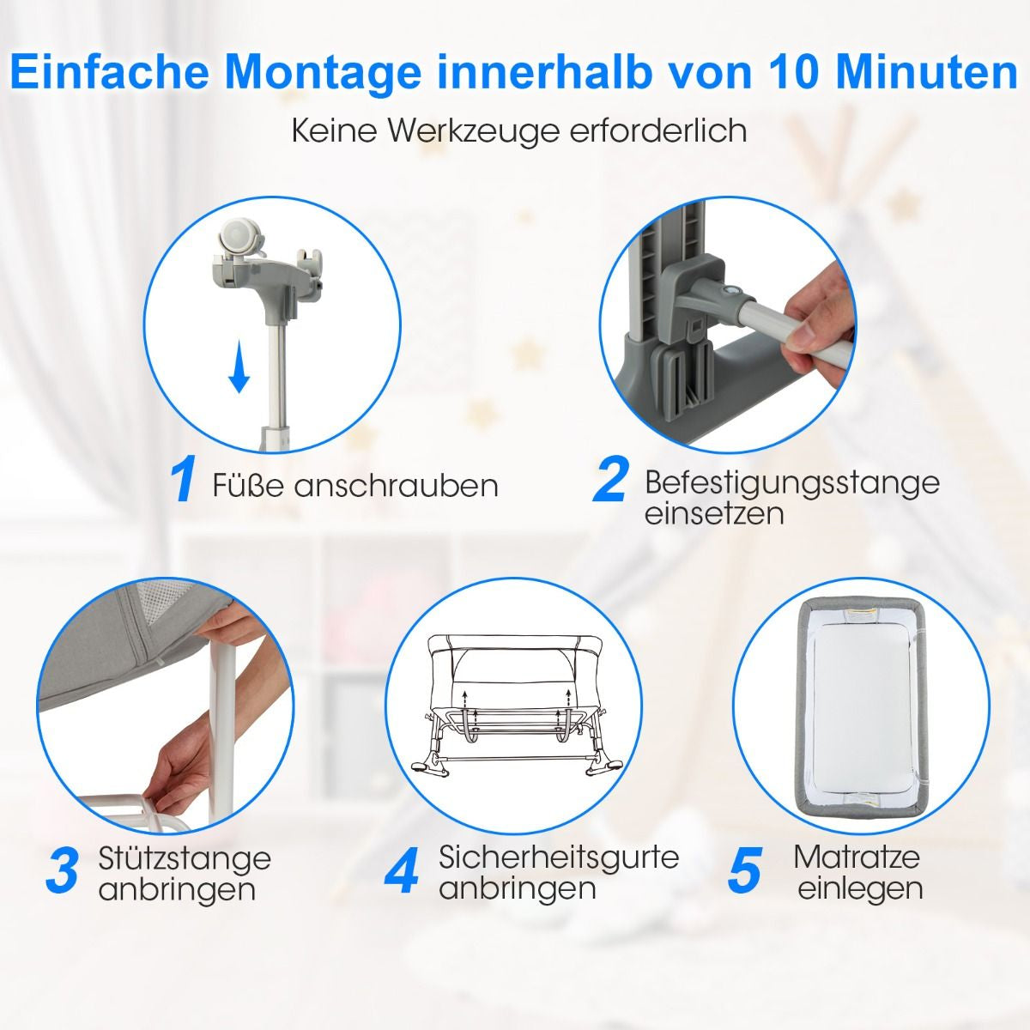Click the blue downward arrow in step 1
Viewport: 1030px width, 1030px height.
point(239,367)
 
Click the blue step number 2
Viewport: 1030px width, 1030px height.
point(610,482)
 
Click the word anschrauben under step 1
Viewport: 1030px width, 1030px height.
point(397,486)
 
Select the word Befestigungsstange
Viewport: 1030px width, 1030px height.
point(791,482)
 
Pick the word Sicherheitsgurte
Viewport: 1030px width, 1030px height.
point(559,857)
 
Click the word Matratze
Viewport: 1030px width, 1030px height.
point(857,857)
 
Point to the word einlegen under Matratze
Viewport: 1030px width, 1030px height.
point(860,888)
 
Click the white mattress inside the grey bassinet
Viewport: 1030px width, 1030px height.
point(861,704)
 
